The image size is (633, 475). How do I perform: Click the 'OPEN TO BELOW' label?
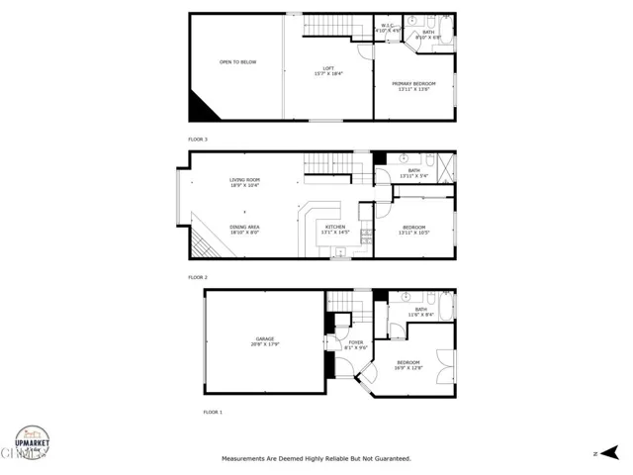237,62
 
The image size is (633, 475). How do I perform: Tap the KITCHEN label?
336,229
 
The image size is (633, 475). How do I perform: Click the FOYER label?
355,344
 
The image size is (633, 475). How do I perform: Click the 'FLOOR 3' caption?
198,140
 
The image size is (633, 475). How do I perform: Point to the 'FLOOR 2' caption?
198,277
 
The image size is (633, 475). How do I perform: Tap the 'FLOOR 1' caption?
213,411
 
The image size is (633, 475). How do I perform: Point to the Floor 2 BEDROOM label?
413,230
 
